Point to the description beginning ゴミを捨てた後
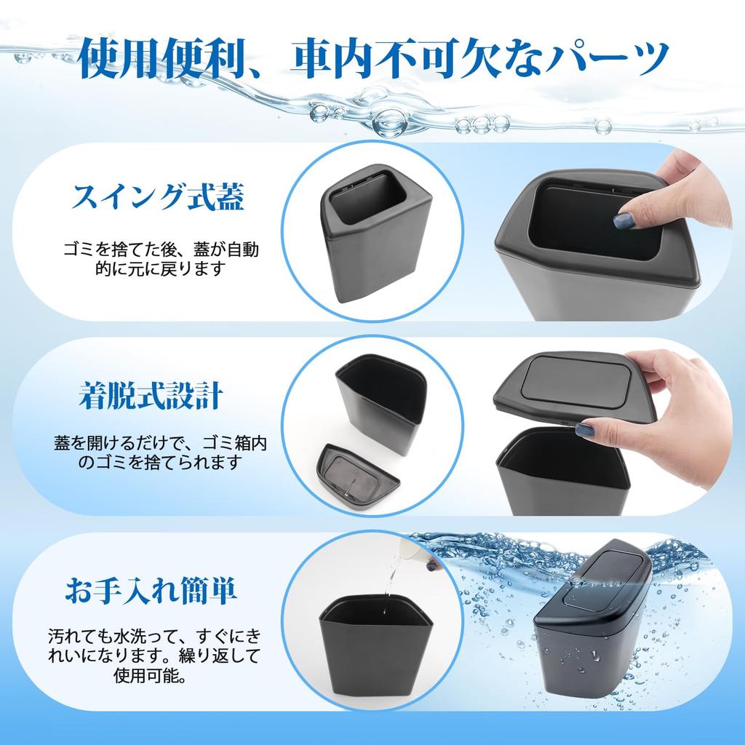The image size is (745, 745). coord(159,259)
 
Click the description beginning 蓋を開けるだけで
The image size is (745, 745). coord(159,452)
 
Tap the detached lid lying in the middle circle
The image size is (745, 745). coord(359,477)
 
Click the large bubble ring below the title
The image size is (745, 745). coord(391,121)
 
